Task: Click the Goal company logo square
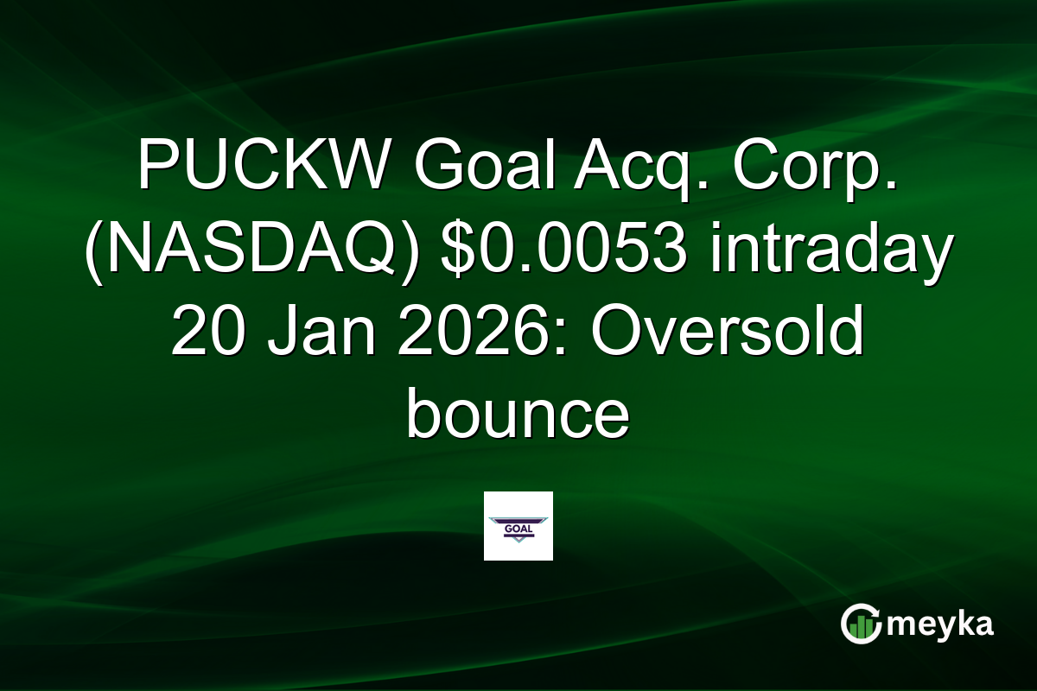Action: (518, 526)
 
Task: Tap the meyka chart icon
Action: (861, 624)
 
